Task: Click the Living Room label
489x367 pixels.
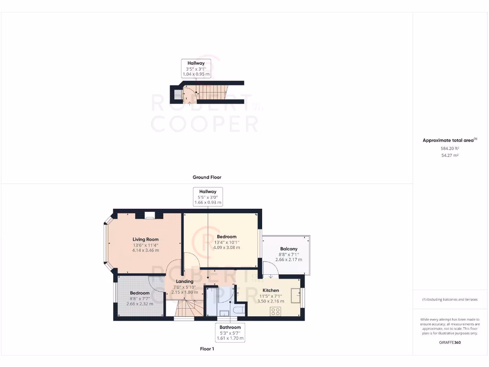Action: pyautogui.click(x=146, y=239)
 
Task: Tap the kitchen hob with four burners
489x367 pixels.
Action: pyautogui.click(x=276, y=312)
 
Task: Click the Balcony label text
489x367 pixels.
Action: pyautogui.click(x=288, y=249)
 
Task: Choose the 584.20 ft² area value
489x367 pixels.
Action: pyautogui.click(x=449, y=148)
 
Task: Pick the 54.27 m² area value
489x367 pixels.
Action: pyautogui.click(x=449, y=155)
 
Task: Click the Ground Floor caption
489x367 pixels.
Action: pyautogui.click(x=207, y=177)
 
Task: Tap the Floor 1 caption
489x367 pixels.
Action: pyautogui.click(x=207, y=349)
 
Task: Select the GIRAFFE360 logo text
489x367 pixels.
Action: pyautogui.click(x=449, y=342)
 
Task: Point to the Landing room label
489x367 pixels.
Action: pyautogui.click(x=184, y=281)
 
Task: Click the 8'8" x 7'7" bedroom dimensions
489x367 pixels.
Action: pyautogui.click(x=139, y=298)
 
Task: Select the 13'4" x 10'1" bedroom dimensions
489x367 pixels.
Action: pyautogui.click(x=227, y=242)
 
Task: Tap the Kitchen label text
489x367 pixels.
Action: pyautogui.click(x=271, y=291)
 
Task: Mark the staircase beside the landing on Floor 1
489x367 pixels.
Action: pyautogui.click(x=185, y=309)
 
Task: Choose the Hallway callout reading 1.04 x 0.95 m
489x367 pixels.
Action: pyautogui.click(x=196, y=69)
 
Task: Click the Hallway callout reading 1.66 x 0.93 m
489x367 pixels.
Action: pyautogui.click(x=208, y=197)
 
